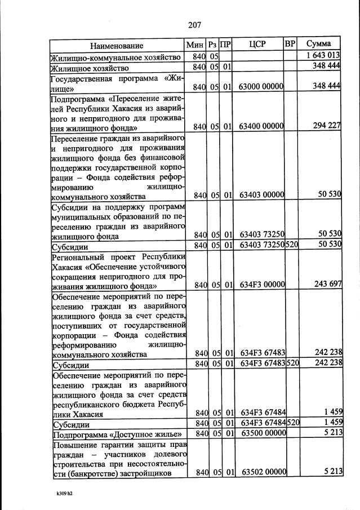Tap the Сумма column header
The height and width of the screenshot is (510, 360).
318,44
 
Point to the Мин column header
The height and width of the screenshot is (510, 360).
196,45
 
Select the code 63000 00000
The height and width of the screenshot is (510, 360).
260,86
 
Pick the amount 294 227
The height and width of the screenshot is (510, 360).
327,126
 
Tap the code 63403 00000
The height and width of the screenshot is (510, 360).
260,195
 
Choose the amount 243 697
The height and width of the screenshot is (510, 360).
327,283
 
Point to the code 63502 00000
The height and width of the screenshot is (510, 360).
260,472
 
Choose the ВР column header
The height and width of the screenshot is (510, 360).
290,44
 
